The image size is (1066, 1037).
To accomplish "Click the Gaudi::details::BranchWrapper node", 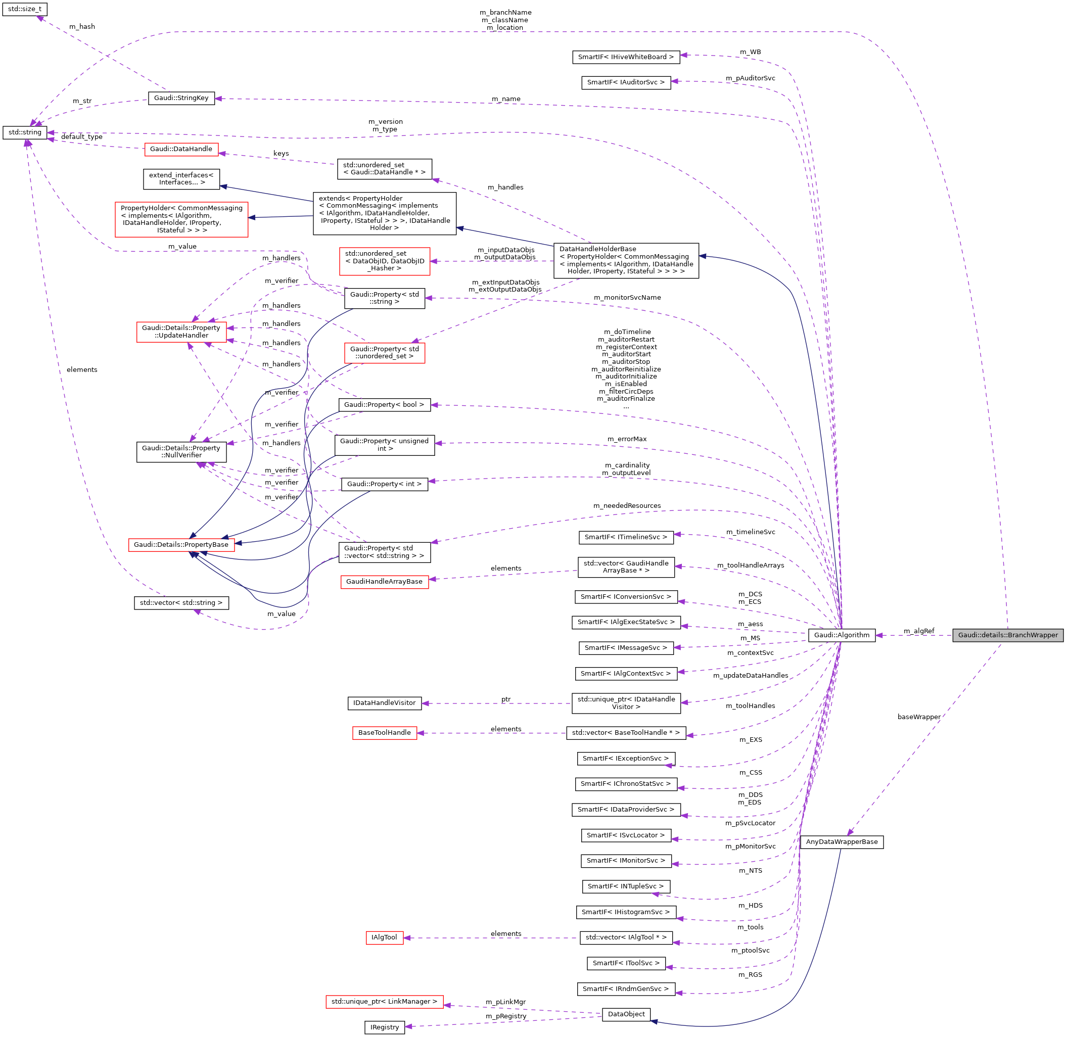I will [1007, 635].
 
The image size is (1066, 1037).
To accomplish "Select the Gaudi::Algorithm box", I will [841, 635].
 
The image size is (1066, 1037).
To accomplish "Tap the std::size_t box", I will [24, 9].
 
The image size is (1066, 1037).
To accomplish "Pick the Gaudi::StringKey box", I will [181, 98].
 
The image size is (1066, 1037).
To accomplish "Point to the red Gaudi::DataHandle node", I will [181, 149].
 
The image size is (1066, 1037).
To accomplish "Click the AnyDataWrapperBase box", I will [841, 841].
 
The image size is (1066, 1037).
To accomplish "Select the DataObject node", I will [625, 1014].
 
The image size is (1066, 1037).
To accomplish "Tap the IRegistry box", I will [384, 1027].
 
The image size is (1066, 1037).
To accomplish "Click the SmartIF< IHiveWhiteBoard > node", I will [625, 57].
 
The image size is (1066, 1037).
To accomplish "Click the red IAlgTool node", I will [384, 937].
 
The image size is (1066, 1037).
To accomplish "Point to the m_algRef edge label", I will [918, 631].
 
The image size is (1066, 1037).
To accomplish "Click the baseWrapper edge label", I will [918, 717].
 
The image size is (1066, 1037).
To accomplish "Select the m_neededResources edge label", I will [626, 505].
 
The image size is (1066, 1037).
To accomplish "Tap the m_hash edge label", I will [82, 27].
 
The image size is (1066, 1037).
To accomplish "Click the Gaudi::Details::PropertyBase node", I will [181, 545].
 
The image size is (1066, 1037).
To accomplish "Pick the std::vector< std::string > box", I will [181, 603].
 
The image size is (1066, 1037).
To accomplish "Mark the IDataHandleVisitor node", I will [384, 703].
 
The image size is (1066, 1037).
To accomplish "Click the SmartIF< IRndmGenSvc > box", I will [625, 988].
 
